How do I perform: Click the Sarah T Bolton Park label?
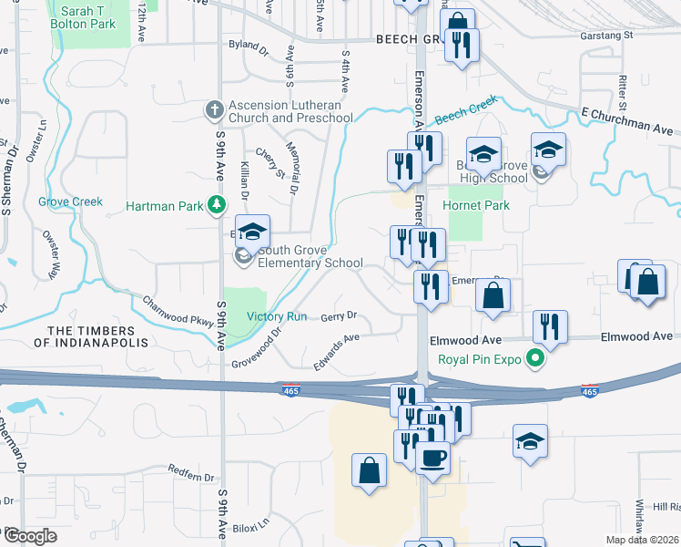click(x=83, y=16)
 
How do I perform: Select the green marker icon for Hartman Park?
click(x=217, y=206)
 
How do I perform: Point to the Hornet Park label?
click(x=476, y=206)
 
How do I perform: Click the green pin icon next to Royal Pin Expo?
click(x=537, y=359)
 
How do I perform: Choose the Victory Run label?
click(x=277, y=316)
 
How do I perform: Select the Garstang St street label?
click(x=606, y=36)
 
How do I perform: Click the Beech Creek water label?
click(x=465, y=110)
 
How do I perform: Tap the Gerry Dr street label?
click(x=339, y=316)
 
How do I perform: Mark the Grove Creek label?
click(x=70, y=201)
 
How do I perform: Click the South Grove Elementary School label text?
click(x=298, y=257)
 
